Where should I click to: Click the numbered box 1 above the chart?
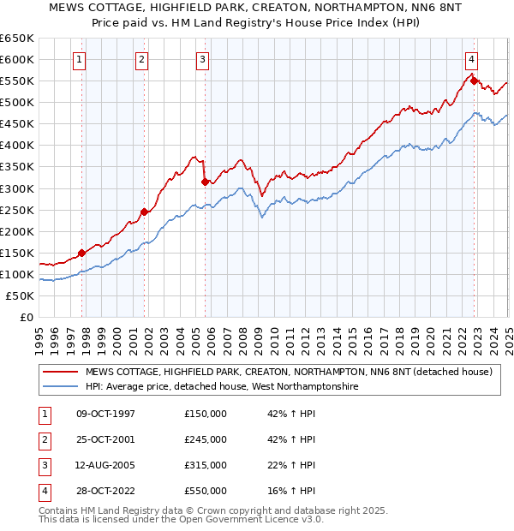[x=79, y=59]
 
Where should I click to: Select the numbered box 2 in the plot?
[x=140, y=59]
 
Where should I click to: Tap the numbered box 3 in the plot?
[x=202, y=59]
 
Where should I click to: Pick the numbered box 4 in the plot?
[x=472, y=59]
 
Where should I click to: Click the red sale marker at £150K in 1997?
[x=82, y=253]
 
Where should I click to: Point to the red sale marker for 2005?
[x=205, y=182]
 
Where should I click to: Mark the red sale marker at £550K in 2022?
[x=474, y=81]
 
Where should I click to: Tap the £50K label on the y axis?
[x=20, y=295]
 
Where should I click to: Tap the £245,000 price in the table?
[x=206, y=439]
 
